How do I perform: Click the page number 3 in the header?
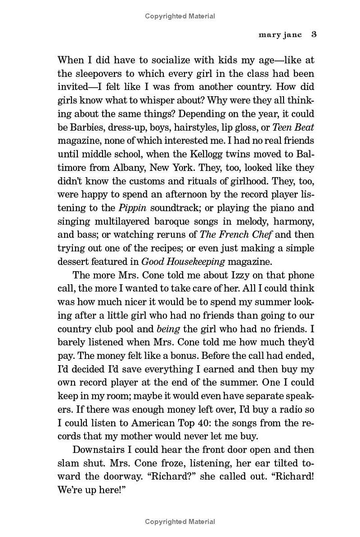pyautogui.click(x=314, y=35)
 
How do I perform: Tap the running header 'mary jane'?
pyautogui.click(x=280, y=35)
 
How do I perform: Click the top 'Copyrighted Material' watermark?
pyautogui.click(x=180, y=16)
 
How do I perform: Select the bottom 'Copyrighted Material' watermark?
pyautogui.click(x=180, y=522)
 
